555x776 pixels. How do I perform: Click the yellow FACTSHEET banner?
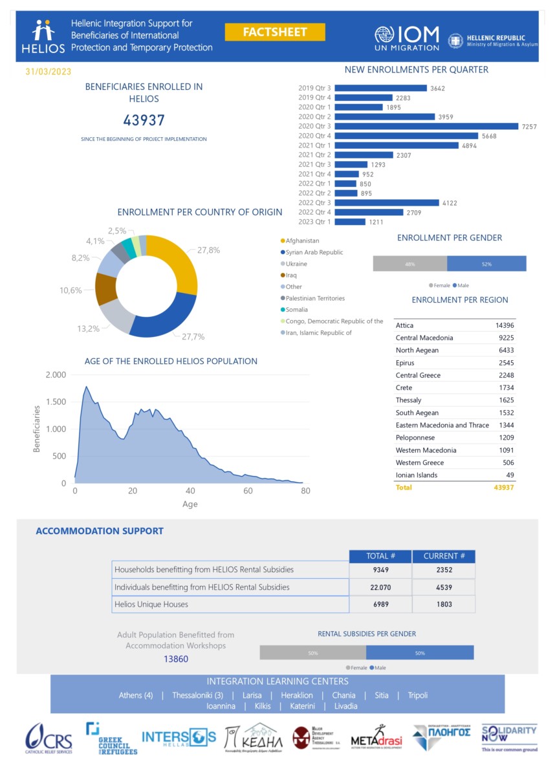275,32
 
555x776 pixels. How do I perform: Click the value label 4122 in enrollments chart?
448,203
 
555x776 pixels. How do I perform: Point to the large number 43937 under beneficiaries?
144,120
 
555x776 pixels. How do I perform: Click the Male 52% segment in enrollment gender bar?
486,264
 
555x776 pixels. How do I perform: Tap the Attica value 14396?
501,325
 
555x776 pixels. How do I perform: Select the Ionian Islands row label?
417,475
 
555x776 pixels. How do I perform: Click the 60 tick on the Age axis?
248,491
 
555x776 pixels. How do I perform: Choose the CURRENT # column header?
444,556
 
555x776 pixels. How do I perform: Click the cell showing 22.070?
380,587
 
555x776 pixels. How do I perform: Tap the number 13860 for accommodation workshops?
176,659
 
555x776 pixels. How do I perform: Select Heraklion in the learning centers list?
297,695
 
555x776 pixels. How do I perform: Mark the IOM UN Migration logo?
407,38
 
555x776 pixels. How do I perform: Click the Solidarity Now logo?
509,738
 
